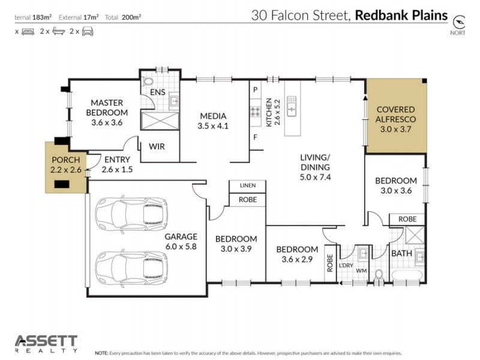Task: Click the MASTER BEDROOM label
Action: (x=107, y=107)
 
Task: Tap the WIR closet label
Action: (x=157, y=146)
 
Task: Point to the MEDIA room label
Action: (x=213, y=116)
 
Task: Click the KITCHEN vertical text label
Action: (x=269, y=112)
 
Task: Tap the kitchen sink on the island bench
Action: (x=293, y=106)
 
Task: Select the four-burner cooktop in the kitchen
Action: (x=255, y=112)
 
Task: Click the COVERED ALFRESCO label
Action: (x=395, y=114)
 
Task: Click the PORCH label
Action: (x=65, y=160)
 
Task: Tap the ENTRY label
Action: (x=118, y=160)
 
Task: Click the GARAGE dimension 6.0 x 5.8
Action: (x=181, y=246)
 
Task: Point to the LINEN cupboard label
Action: (x=247, y=185)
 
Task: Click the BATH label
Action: (x=401, y=253)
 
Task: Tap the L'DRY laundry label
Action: (x=346, y=265)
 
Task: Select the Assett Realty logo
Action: (x=46, y=344)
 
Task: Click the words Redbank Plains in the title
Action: (x=401, y=15)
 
